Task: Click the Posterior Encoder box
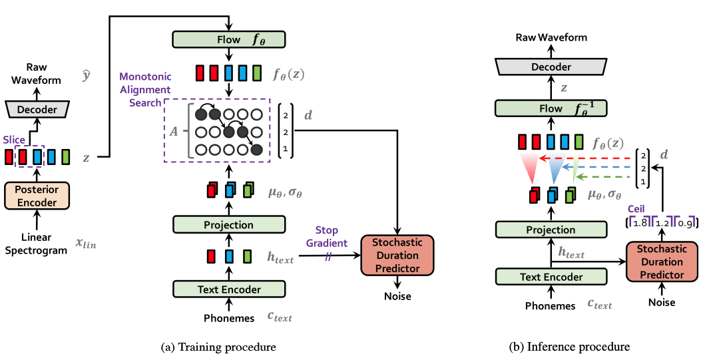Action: [x=37, y=196]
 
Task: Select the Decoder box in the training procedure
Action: [x=37, y=109]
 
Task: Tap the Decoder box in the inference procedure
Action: [x=551, y=67]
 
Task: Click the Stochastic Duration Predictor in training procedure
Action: [x=397, y=256]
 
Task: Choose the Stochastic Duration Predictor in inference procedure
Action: [x=662, y=262]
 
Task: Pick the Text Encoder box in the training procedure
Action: [x=229, y=289]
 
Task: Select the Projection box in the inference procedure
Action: [x=551, y=230]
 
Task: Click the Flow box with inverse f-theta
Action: [x=551, y=109]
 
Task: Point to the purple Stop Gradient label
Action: [x=326, y=237]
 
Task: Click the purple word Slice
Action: [x=14, y=140]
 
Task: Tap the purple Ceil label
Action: [x=636, y=209]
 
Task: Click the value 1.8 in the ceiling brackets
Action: [x=639, y=224]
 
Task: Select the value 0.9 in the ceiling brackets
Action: [x=684, y=224]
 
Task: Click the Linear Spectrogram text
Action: [x=36, y=244]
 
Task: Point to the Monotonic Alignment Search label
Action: [x=145, y=90]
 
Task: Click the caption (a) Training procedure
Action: [x=218, y=347]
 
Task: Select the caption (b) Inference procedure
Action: [x=569, y=347]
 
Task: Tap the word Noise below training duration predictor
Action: [x=397, y=296]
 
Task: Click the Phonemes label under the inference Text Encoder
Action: [x=550, y=306]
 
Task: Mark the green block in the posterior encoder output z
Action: [x=66, y=156]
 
